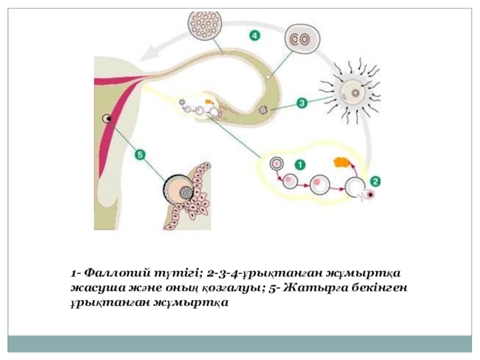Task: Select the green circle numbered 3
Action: click(x=302, y=103)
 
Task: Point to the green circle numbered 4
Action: click(x=254, y=36)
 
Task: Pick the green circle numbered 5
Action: click(x=140, y=155)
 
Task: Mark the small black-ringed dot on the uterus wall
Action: click(x=107, y=119)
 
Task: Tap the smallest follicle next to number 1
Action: click(x=277, y=163)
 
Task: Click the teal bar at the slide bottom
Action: click(x=240, y=344)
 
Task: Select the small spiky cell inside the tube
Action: click(x=262, y=109)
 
